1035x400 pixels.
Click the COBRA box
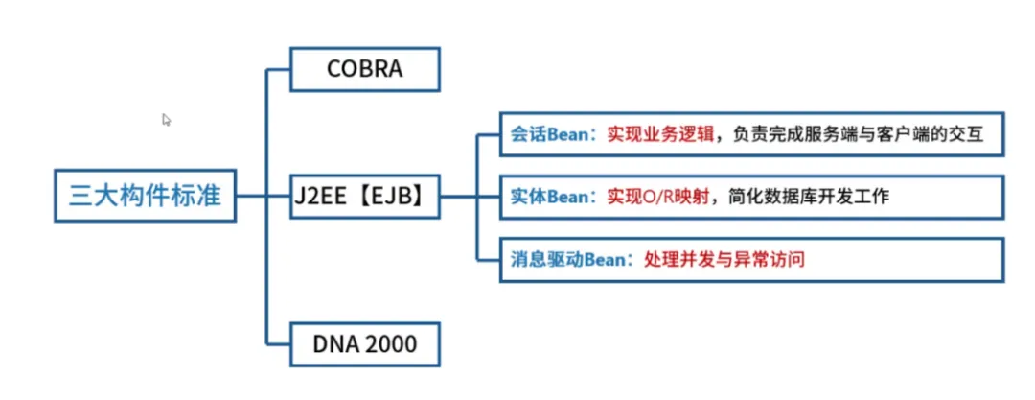tap(364, 70)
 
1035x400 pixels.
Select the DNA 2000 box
tap(364, 342)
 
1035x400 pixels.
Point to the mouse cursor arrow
tap(166, 120)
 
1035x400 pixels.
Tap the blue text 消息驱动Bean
tap(565, 258)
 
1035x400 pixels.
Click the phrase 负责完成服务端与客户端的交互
tap(852, 134)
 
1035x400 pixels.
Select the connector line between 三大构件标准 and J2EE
tap(251, 197)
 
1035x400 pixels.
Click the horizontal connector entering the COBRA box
tap(279, 70)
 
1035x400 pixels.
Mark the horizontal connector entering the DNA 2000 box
tap(279, 342)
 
